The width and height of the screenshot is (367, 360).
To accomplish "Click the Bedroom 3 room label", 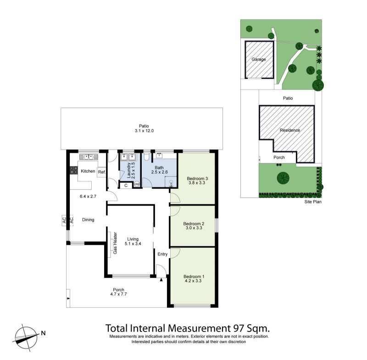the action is [197, 179].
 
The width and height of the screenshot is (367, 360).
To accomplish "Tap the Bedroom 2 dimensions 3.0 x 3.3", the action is [194, 228].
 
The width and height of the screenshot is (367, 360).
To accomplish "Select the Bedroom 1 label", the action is [194, 276].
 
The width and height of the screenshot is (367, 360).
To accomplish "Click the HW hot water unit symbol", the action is [137, 185].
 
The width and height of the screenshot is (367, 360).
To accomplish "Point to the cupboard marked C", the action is [126, 186].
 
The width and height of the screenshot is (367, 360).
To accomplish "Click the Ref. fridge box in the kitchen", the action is [102, 172].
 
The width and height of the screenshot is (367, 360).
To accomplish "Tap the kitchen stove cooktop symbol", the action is [74, 170].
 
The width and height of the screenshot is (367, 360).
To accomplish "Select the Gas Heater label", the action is [115, 243].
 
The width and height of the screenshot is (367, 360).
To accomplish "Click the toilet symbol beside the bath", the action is [147, 156].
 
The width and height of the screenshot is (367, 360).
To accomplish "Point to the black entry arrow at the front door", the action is [161, 280].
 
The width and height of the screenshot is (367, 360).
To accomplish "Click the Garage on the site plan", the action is [259, 60].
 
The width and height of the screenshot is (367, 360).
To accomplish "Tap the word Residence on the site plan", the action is [290, 130].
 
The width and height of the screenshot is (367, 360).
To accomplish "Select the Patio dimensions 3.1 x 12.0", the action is [144, 131].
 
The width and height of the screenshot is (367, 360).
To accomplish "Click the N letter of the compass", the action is [43, 333].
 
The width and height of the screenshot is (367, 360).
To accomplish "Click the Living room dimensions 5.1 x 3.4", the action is [133, 243].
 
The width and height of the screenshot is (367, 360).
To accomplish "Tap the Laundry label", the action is [129, 170].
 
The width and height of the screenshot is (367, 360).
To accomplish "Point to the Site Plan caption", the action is [313, 202].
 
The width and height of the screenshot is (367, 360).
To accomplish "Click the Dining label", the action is [88, 219].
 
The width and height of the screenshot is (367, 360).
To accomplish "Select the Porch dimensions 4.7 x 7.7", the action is [119, 294].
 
